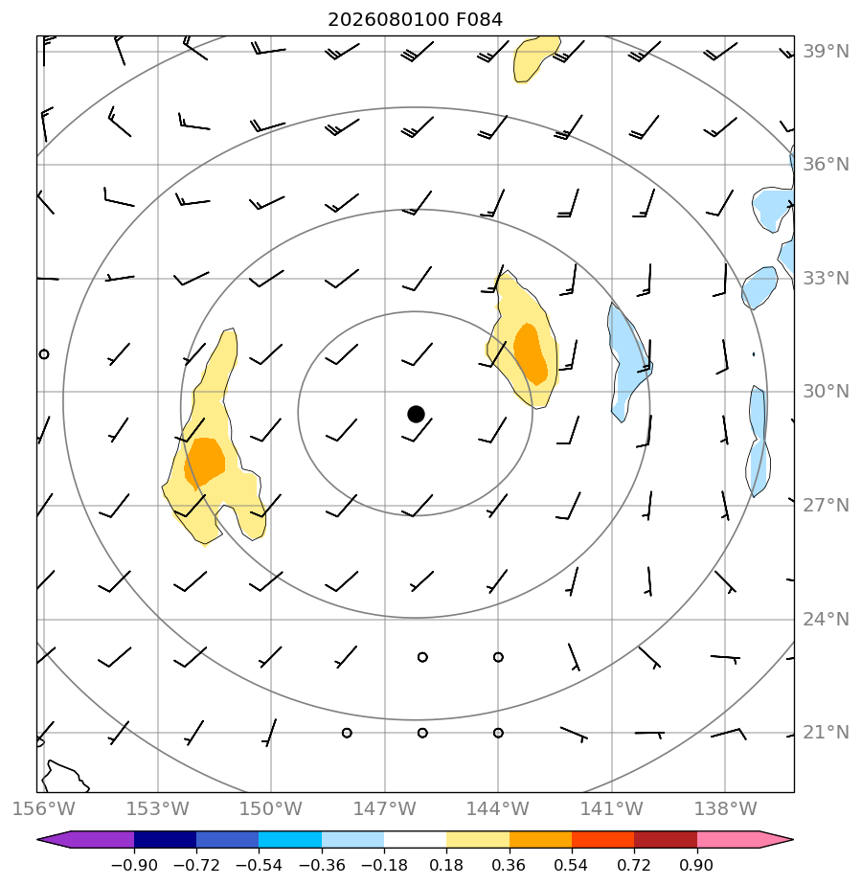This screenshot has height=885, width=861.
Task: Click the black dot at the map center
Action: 416,414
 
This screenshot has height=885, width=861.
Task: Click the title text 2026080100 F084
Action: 415,20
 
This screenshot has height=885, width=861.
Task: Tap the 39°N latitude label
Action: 826,52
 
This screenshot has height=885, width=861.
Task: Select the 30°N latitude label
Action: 826,391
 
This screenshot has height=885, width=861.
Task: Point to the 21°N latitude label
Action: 826,732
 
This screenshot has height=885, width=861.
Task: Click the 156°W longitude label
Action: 43,808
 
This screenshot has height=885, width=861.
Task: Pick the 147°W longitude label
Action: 384,808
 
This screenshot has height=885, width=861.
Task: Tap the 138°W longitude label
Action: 725,808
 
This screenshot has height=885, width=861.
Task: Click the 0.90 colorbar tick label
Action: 696,865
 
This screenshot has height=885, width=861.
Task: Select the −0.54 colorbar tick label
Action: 259,865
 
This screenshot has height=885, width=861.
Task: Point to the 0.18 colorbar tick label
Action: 446,865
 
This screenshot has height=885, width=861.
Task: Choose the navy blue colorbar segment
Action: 166,839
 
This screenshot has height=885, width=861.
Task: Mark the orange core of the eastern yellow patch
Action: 531,353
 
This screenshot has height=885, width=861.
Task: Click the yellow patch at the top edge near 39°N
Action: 533,57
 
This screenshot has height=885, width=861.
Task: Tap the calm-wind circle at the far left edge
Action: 44,354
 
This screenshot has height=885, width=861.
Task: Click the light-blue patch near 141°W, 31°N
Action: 628,362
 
